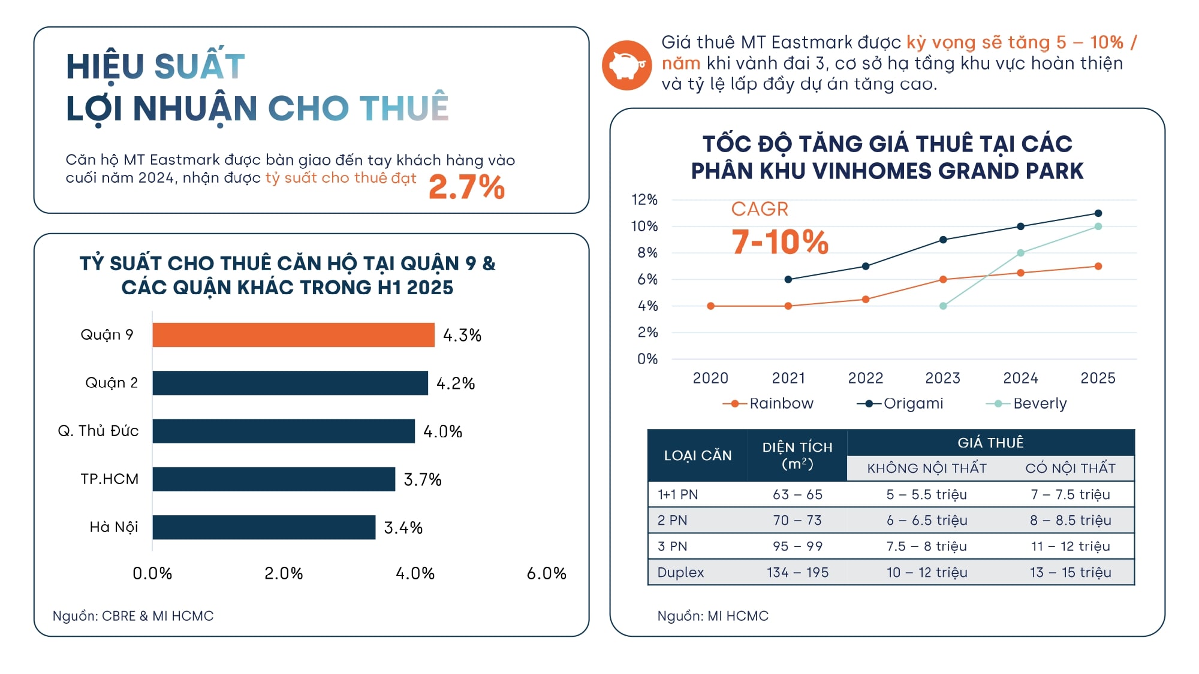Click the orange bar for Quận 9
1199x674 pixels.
pos(293,335)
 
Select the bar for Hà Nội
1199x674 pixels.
pos(264,527)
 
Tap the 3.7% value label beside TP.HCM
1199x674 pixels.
pos(423,479)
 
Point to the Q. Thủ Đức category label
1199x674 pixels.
pos(98,431)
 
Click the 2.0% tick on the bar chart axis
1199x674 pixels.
pos(284,573)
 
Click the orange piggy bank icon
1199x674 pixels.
pos(626,65)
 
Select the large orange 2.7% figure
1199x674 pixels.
pos(466,186)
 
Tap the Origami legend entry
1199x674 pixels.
pos(900,403)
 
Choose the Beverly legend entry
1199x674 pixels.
pos(1027,403)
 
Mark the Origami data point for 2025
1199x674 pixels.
pos(1098,213)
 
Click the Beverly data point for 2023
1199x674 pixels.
pos(943,306)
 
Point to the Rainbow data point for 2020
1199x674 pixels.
pos(711,306)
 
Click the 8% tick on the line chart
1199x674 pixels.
pos(647,253)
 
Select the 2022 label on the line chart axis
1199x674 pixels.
pos(866,378)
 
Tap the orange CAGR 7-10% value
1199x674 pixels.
pos(779,242)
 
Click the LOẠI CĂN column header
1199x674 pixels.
pos(698,455)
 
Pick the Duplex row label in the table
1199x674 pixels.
pos(680,572)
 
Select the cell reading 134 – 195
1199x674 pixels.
pos(797,572)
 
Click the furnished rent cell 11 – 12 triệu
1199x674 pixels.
pos(1070,546)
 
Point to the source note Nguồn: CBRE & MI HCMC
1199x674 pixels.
pos(133,616)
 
